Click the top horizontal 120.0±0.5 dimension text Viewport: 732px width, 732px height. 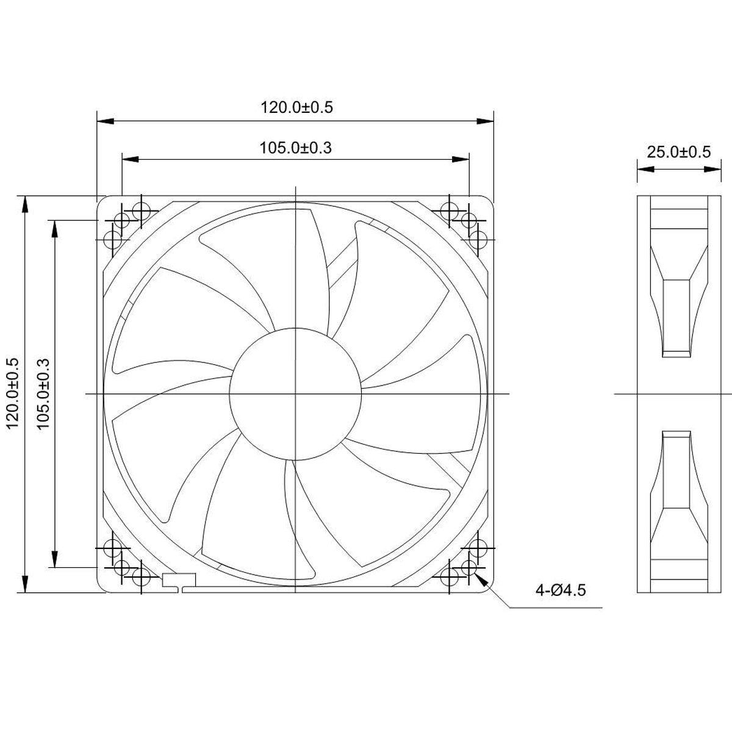297,107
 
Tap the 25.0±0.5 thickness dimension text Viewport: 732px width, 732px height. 678,152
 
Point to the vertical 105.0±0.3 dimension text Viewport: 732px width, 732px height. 43,393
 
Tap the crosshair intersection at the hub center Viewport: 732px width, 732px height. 295,393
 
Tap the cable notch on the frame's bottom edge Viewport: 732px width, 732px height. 179,583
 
